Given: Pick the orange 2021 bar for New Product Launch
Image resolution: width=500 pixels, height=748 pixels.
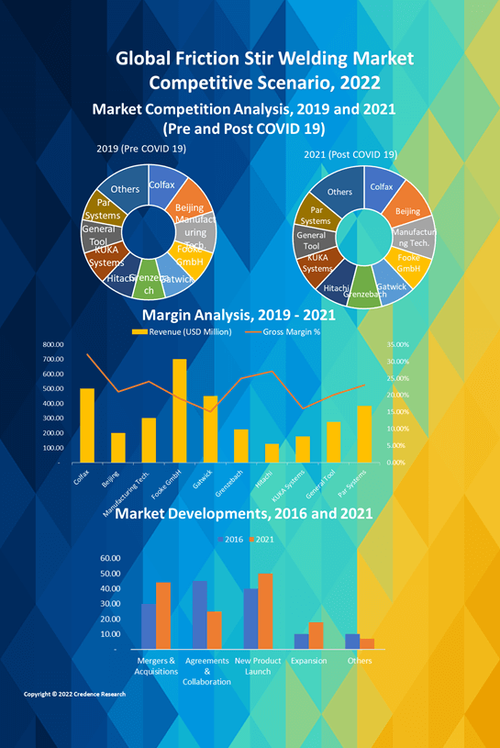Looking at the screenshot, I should click(265, 610).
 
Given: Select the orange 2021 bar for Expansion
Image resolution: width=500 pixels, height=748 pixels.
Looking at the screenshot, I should click(316, 635).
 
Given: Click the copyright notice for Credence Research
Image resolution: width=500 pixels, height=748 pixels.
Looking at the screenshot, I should click(74, 695).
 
